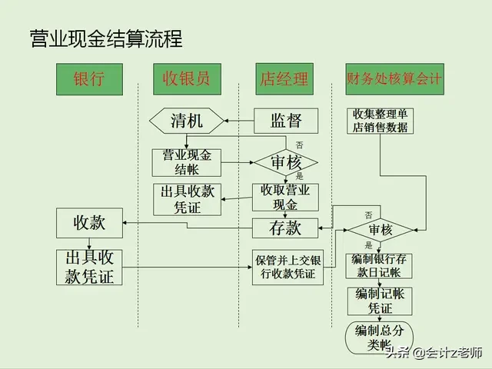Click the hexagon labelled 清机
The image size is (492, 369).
pyautogui.click(x=187, y=121)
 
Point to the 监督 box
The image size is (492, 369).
pyautogui.click(x=286, y=121)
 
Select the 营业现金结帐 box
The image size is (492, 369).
pyautogui.click(x=186, y=162)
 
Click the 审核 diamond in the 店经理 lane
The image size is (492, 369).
pyautogui.click(x=284, y=162)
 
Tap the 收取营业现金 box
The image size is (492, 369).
pyautogui.click(x=284, y=198)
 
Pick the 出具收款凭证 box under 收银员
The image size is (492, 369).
pyautogui.click(x=187, y=199)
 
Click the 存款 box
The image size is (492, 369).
pyautogui.click(x=285, y=228)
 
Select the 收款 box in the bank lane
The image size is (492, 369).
pyautogui.click(x=89, y=224)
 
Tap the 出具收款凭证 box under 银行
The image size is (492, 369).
pyautogui.click(x=89, y=267)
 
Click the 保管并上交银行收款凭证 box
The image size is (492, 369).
pyautogui.click(x=288, y=267)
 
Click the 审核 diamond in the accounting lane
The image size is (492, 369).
pyautogui.click(x=381, y=230)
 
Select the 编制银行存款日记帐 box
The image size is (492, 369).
pyautogui.click(x=381, y=265)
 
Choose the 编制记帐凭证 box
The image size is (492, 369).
pyautogui.click(x=381, y=301)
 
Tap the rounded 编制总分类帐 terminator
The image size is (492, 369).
pyautogui.click(x=380, y=337)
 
